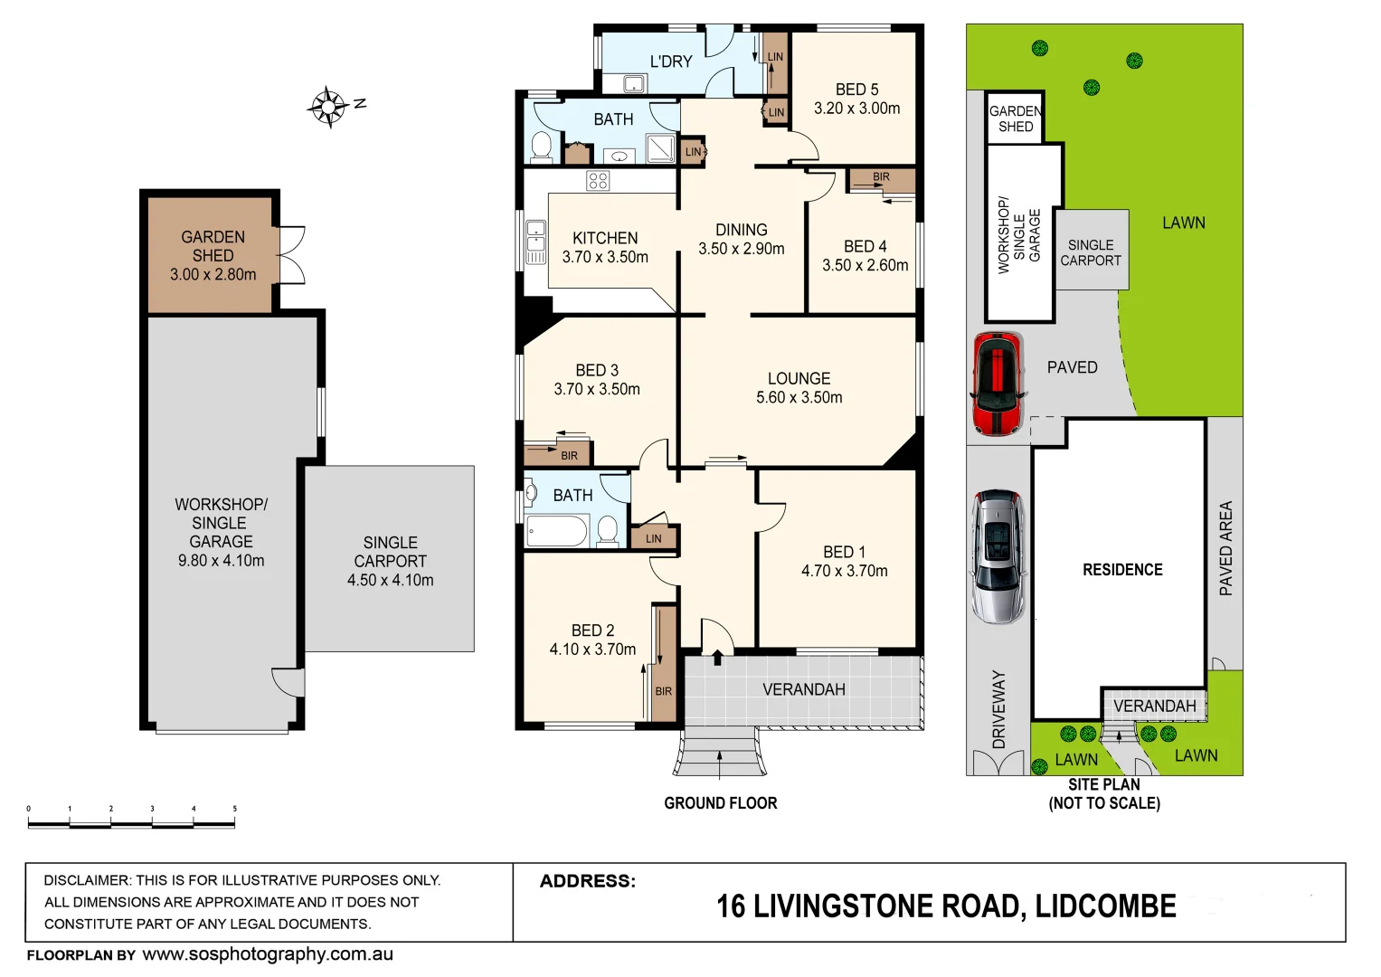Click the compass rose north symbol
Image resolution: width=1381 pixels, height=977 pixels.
[x=329, y=107]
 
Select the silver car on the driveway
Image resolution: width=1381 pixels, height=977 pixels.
[x=998, y=556]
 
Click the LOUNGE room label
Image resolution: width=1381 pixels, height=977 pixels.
[x=799, y=379]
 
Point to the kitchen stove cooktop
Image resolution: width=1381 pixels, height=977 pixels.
[x=598, y=181]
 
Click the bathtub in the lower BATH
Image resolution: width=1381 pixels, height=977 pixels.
[x=556, y=531]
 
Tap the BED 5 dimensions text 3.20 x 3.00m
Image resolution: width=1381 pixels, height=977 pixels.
[x=856, y=109]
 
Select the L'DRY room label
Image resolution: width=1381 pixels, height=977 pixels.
[x=671, y=62]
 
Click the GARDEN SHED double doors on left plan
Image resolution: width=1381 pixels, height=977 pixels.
[x=292, y=255]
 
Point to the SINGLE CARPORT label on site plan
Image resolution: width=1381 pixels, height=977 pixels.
[x=1091, y=252]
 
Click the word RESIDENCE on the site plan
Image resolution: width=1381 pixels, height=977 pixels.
[x=1122, y=570]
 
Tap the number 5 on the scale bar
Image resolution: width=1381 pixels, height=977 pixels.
[x=234, y=809]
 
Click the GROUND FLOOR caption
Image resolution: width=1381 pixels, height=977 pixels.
[x=720, y=803]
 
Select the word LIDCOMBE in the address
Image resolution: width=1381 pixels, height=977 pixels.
[x=1105, y=906]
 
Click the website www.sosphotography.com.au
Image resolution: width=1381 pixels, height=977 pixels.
[x=268, y=954]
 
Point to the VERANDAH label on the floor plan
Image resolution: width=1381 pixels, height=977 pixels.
[x=803, y=689]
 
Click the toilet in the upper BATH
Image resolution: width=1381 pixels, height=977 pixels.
[x=542, y=147]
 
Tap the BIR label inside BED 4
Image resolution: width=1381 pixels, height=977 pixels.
[x=881, y=177]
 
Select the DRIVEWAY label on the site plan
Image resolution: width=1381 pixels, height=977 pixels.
[x=998, y=709]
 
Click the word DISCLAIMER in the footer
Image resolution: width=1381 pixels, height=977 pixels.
[x=85, y=880]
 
